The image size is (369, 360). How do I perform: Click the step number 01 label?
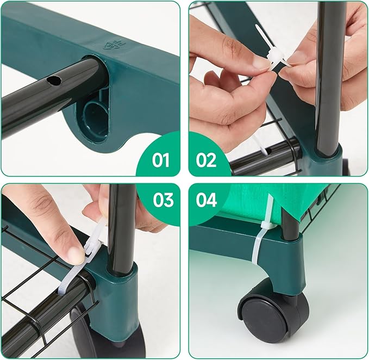pyautogui.click(x=161, y=160)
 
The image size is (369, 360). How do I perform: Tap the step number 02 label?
pyautogui.click(x=206, y=160)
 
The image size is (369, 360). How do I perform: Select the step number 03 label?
pyautogui.click(x=162, y=200)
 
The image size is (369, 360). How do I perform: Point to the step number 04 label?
pyautogui.click(x=207, y=200)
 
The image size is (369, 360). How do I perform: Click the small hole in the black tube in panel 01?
pyautogui.click(x=54, y=81)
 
